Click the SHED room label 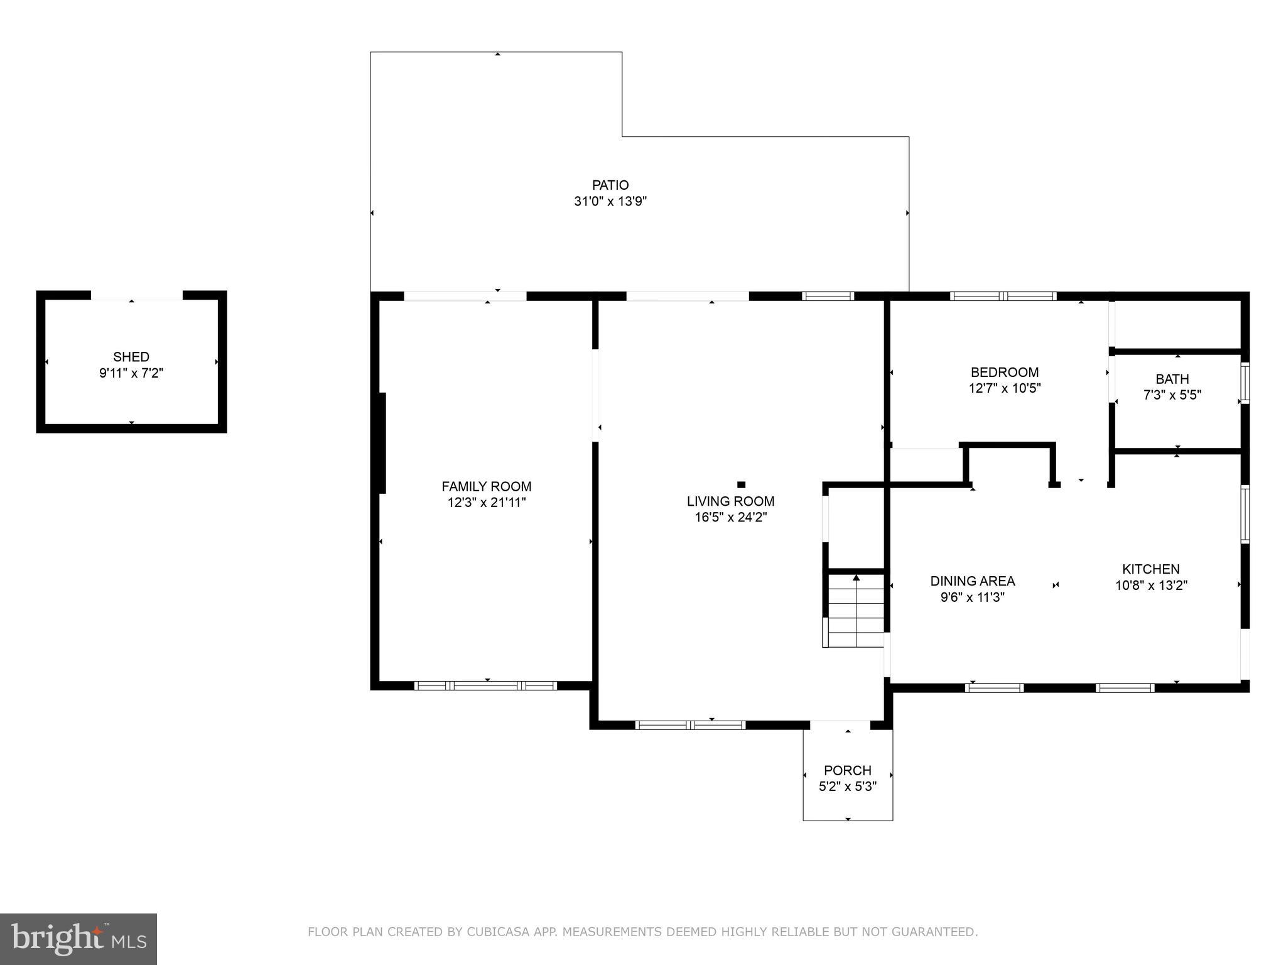pyautogui.click(x=131, y=357)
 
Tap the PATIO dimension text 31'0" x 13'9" pyautogui.click(x=610, y=202)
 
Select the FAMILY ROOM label pyautogui.click(x=486, y=486)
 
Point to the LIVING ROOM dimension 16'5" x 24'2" pyautogui.click(x=730, y=518)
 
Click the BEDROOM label pyautogui.click(x=1004, y=372)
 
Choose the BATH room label pyautogui.click(x=1172, y=379)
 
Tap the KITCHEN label pyautogui.click(x=1150, y=569)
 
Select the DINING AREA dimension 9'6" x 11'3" pyautogui.click(x=972, y=597)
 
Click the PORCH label pyautogui.click(x=847, y=770)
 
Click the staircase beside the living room pyautogui.click(x=855, y=609)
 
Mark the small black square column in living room pyautogui.click(x=741, y=484)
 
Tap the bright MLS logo pyautogui.click(x=78, y=939)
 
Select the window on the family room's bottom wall pyautogui.click(x=485, y=685)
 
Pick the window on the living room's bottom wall pyautogui.click(x=690, y=725)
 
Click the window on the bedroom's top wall pyautogui.click(x=1003, y=296)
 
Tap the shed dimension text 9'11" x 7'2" pyautogui.click(x=131, y=373)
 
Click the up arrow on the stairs pyautogui.click(x=856, y=577)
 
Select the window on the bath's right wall pyautogui.click(x=1245, y=382)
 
